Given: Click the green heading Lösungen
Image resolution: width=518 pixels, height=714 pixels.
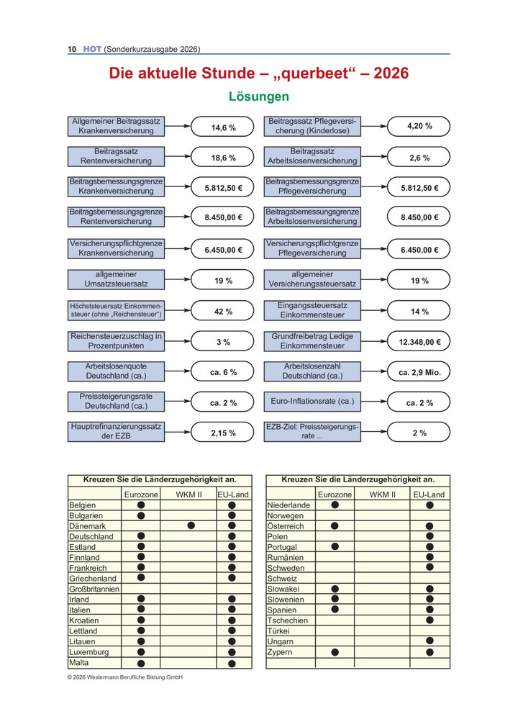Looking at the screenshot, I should (x=258, y=96).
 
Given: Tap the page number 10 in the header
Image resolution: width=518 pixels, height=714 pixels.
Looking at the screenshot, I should (x=72, y=49).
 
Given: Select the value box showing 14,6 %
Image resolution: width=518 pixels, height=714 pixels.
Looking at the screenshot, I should (x=223, y=127).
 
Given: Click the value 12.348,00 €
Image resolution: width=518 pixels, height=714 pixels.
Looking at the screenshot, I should (x=419, y=342).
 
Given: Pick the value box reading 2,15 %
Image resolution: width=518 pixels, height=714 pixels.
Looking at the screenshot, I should (x=223, y=433).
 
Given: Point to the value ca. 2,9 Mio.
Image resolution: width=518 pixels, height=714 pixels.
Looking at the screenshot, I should (x=419, y=372).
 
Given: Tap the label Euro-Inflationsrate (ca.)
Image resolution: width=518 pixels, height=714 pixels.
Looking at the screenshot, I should (x=312, y=402).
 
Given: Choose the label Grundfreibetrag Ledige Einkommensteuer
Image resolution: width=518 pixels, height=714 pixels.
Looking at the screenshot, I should (x=312, y=342).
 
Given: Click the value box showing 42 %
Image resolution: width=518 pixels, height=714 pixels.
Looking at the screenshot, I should (x=223, y=312).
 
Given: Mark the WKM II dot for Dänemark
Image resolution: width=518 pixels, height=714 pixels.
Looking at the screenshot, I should (x=191, y=526).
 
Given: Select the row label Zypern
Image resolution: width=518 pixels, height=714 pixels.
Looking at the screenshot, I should (x=278, y=651).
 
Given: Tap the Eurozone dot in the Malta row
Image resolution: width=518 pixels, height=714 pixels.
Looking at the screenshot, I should (x=141, y=663).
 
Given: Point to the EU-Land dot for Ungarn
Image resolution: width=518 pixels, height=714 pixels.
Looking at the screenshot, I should (x=430, y=641).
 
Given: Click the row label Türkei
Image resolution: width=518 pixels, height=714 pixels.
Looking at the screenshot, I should (x=278, y=631).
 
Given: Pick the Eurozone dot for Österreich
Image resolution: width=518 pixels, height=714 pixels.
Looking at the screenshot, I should (x=335, y=526).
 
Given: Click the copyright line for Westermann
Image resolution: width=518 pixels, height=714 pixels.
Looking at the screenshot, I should (x=125, y=678).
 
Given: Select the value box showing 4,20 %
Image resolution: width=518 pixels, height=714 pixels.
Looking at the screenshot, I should (x=419, y=127).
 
